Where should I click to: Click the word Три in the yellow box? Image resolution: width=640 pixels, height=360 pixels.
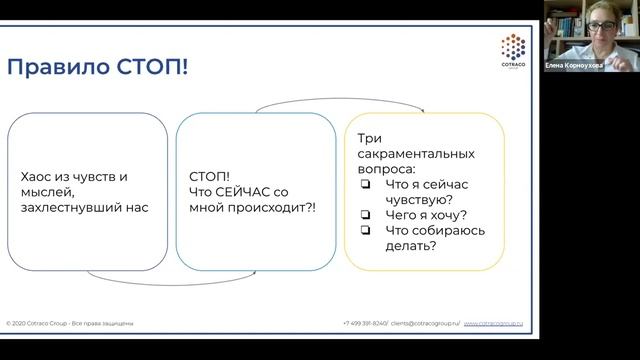369,140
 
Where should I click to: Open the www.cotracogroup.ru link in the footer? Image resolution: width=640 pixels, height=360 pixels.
499,324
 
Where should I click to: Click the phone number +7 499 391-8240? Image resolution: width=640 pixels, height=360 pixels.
365,324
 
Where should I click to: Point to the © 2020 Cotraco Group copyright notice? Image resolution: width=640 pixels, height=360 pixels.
70,324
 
